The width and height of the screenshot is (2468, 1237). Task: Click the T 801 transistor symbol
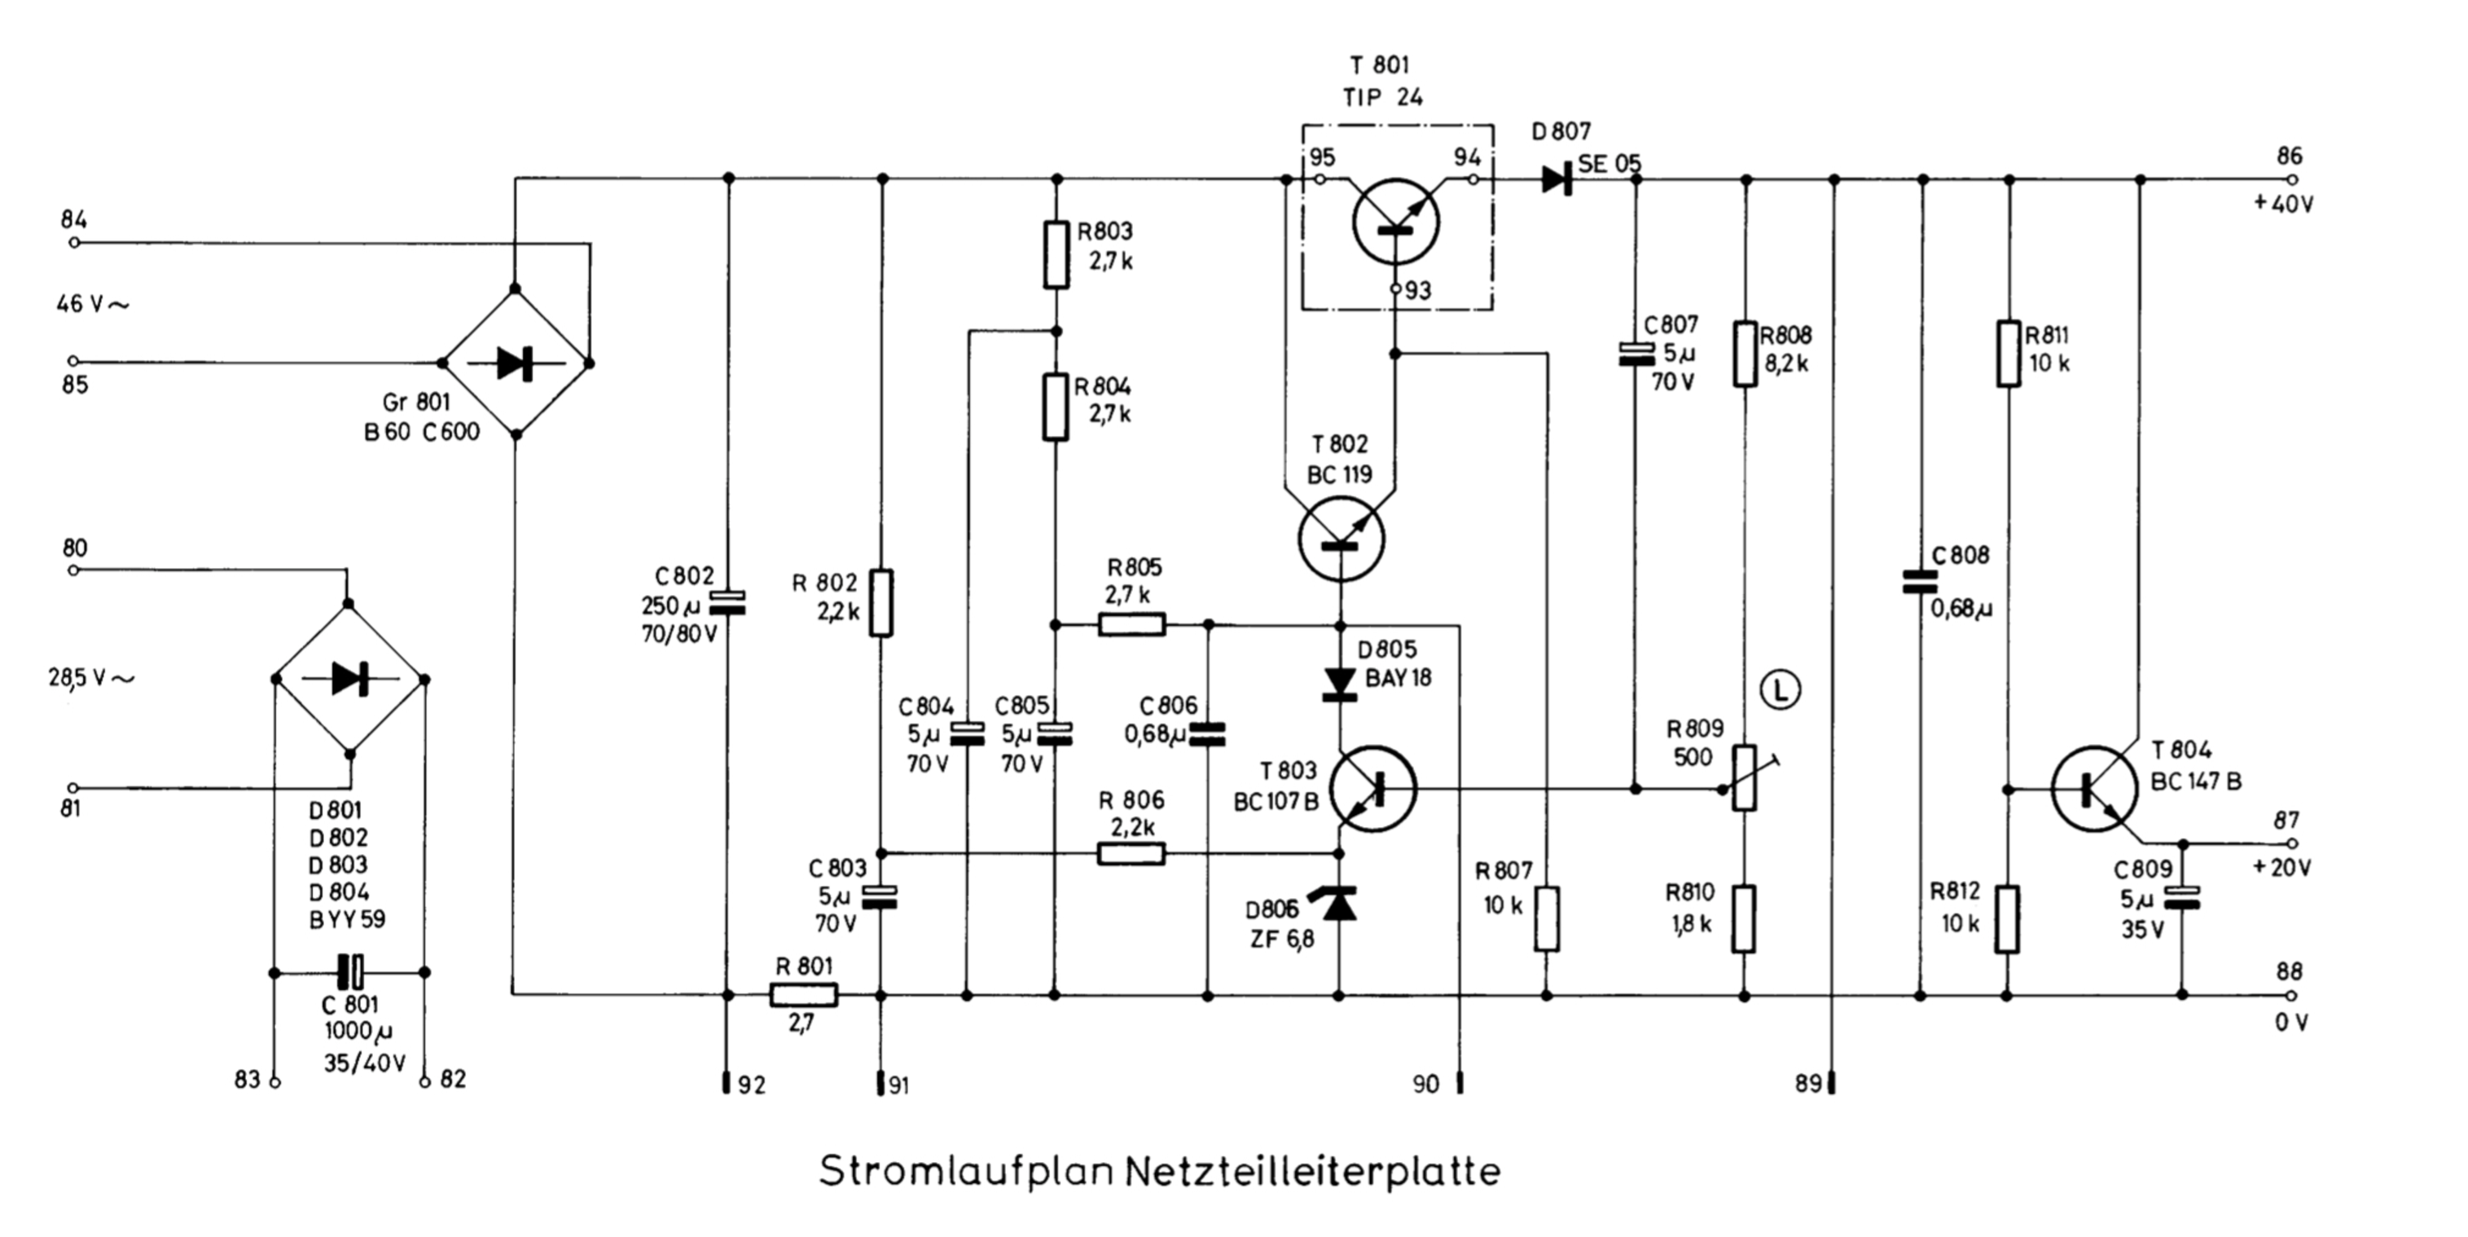tap(1396, 222)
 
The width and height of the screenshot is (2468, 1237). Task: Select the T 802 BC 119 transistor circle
tap(1342, 539)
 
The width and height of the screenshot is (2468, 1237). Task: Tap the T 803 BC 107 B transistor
tap(1373, 789)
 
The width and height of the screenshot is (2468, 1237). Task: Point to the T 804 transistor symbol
tap(2094, 789)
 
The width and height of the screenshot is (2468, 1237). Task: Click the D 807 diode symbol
tap(1557, 179)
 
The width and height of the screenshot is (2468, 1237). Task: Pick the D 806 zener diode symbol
tap(1339, 904)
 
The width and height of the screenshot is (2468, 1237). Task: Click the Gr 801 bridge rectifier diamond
tap(516, 362)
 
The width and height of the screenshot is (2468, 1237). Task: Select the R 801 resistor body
tap(804, 996)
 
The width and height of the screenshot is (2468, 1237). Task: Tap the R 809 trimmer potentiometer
tap(1746, 777)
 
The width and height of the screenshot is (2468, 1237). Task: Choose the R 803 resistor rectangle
tap(1056, 255)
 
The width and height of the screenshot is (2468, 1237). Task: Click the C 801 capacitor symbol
tap(349, 971)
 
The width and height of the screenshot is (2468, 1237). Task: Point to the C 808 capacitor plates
tap(1920, 582)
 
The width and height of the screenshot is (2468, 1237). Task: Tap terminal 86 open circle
tap(2293, 179)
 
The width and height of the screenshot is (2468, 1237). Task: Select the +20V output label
tap(2281, 868)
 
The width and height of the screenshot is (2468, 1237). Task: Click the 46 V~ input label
tap(92, 305)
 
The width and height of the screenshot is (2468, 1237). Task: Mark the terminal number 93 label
tap(1418, 291)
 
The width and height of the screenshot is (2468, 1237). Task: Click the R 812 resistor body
tap(2007, 919)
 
